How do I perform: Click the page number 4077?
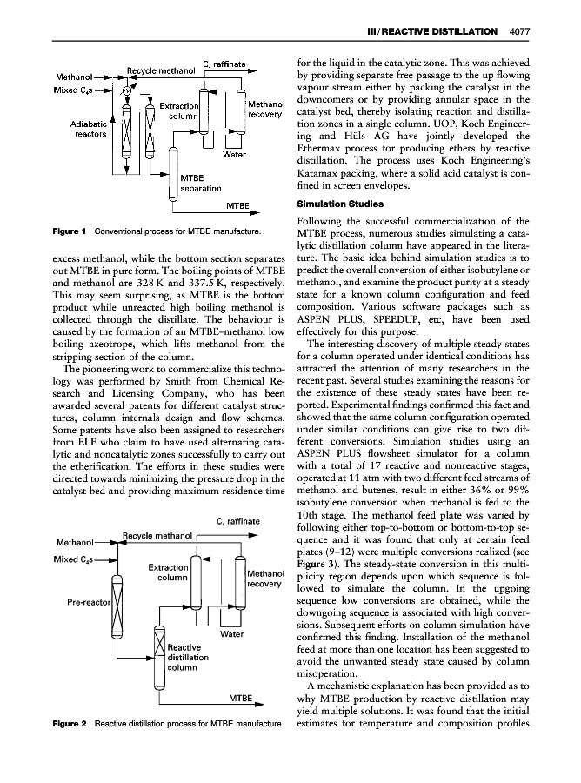point(518,33)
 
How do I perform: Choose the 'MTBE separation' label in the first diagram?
point(201,183)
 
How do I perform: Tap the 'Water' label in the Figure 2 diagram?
point(232,634)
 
